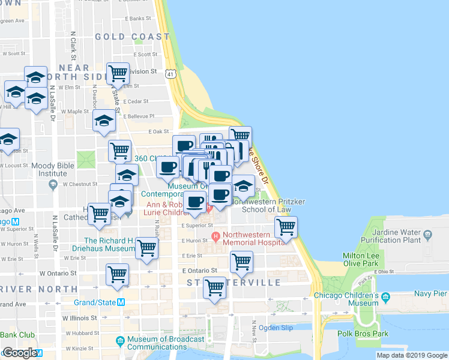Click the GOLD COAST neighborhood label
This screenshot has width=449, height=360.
pyautogui.click(x=132, y=37)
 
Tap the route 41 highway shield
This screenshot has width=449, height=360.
pyautogui.click(x=172, y=74)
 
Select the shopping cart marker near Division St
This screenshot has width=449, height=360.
pyautogui.click(x=118, y=74)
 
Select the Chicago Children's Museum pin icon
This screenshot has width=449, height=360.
pyautogui.click(x=385, y=297)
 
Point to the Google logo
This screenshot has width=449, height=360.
pyautogui.click(x=20, y=353)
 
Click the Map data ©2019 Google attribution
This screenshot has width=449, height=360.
pyautogui.click(x=412, y=355)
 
